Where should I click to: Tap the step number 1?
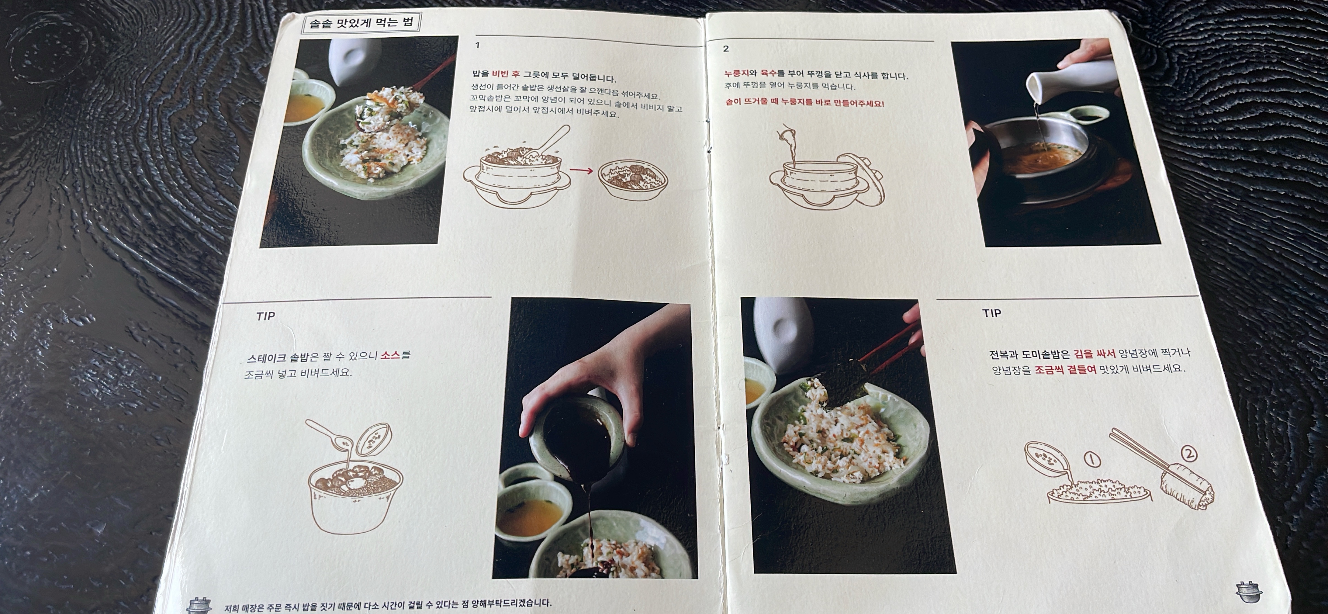click(x=477, y=45)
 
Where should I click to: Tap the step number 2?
click(x=726, y=48)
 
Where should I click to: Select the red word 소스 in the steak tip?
click(x=390, y=355)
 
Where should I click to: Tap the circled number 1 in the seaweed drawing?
click(x=1091, y=458)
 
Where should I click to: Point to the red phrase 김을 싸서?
click(x=1095, y=353)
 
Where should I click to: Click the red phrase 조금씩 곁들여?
click(x=1065, y=369)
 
